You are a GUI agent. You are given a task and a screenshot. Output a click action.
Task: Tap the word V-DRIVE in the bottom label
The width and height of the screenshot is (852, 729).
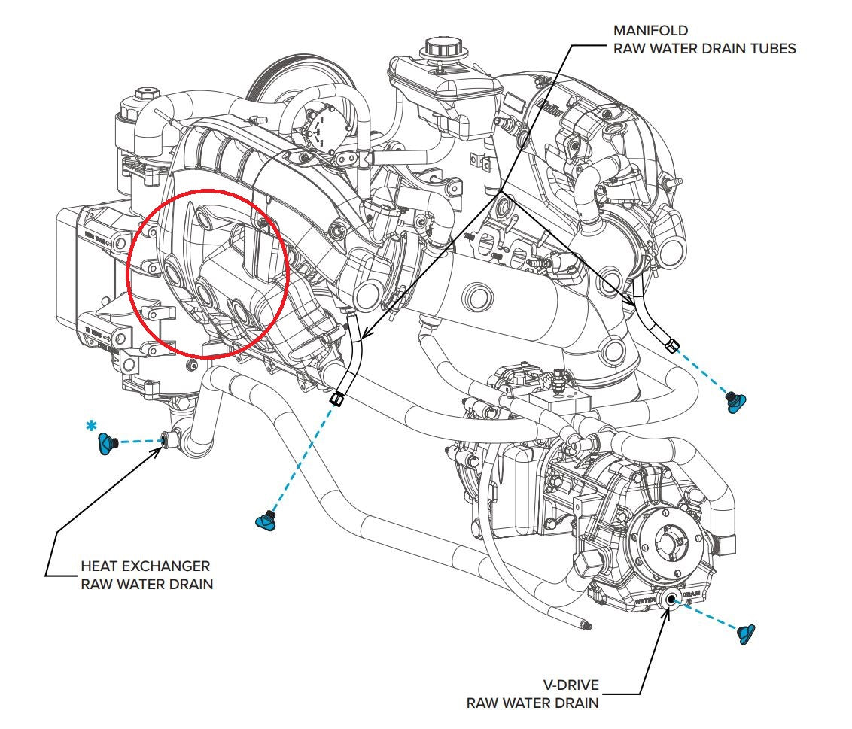coord(568,686)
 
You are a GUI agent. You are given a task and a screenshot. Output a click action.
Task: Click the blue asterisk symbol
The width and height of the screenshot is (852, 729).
coord(92,427)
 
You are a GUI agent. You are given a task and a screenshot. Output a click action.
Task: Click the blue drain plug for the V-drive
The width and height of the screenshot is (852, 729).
coord(746,634)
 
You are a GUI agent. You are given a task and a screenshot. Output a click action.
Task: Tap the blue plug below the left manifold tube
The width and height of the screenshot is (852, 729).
coord(265,520)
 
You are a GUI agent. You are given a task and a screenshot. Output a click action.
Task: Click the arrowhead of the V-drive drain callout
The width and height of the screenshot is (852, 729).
coord(667,611)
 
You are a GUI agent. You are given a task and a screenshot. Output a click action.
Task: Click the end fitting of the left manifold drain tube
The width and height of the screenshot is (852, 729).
coord(336,399)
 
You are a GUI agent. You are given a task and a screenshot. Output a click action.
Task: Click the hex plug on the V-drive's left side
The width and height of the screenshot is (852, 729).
coord(585,560)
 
